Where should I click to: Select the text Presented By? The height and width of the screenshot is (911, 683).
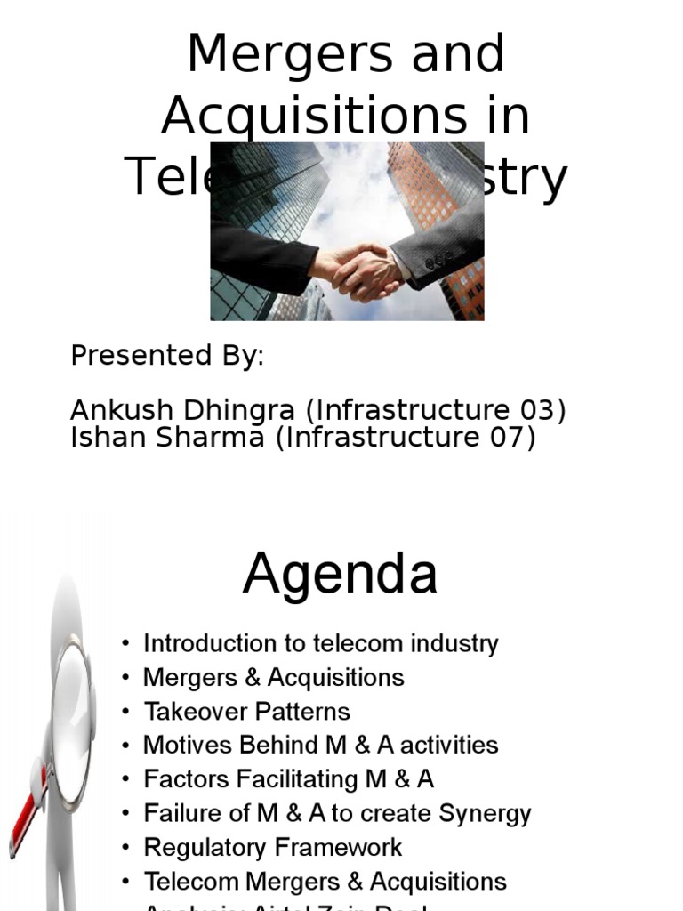coord(167,357)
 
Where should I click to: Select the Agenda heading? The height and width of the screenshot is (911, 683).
coord(341,574)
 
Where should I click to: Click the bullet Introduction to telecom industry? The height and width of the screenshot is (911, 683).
coord(320,643)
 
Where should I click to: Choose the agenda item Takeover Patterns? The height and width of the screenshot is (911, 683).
coord(246,712)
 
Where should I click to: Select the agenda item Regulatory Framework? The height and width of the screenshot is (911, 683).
coord(272,847)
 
